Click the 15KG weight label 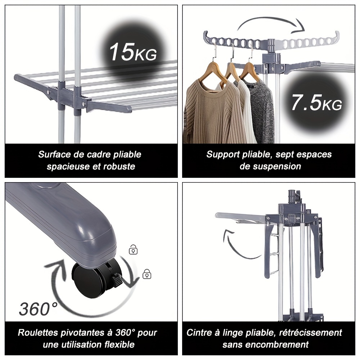pos(133,52)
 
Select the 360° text pos(38,309)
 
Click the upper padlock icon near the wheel pos(133,249)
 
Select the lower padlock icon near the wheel pos(147,274)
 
